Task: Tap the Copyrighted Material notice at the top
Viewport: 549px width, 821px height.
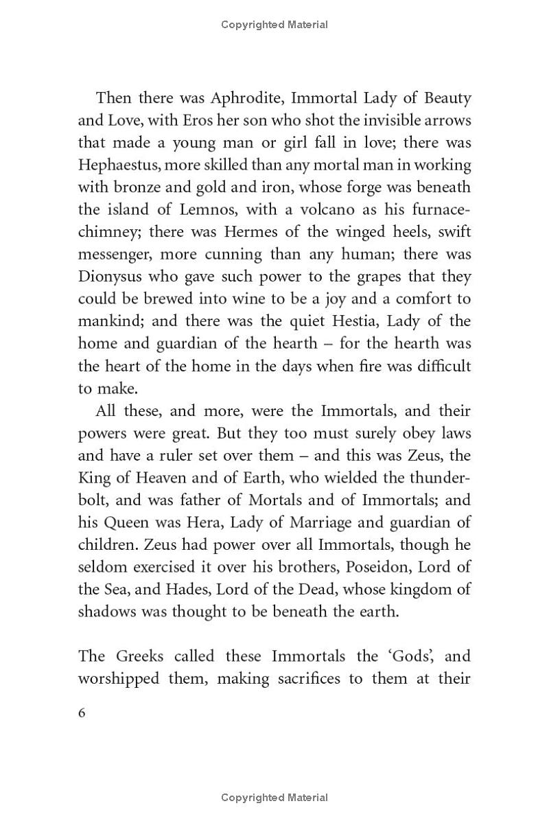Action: (x=274, y=25)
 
